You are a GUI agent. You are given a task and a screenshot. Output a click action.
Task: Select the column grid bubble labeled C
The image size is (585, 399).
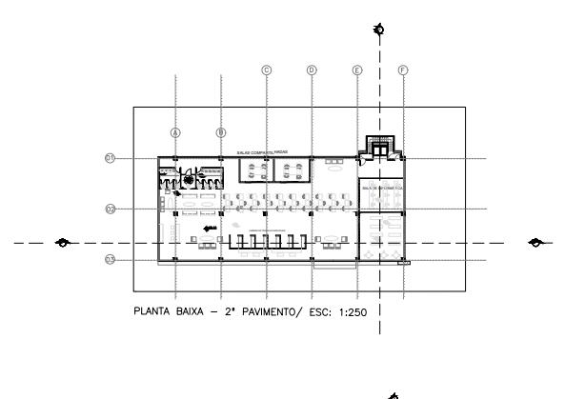pos(267,70)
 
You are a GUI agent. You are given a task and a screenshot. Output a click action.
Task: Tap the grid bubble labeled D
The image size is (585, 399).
pos(312,70)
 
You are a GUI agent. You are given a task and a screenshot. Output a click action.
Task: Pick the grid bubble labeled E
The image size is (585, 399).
pos(357,70)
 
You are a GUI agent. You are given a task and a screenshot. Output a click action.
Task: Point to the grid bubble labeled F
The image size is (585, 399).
pos(403,70)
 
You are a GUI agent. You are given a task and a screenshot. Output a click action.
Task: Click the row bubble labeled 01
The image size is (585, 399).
pos(111,158)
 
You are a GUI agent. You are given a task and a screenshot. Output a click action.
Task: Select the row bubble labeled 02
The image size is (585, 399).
pos(111,209)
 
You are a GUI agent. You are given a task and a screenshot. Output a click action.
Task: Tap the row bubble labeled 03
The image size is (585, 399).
pos(111,259)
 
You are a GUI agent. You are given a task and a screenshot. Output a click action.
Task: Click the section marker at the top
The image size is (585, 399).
pos(380,30)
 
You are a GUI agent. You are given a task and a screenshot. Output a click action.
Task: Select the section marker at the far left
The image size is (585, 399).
pos(63,242)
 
